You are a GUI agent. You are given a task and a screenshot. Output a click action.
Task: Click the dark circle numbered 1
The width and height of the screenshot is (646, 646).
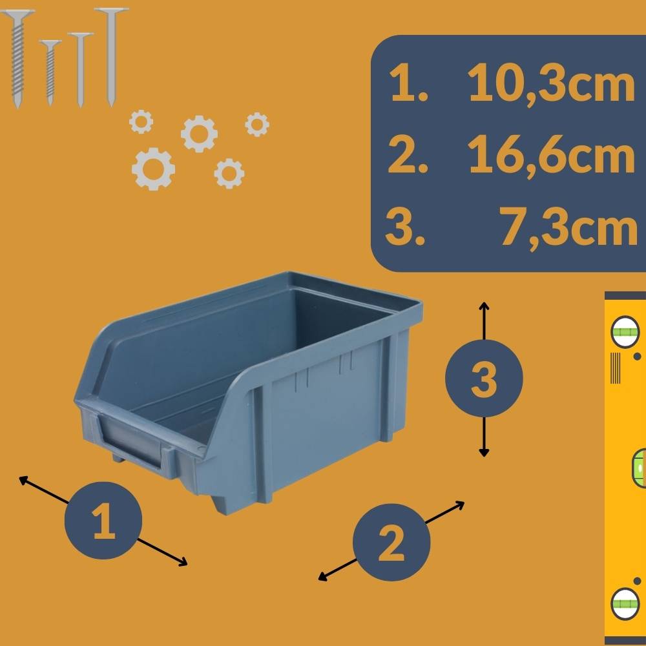(103, 521)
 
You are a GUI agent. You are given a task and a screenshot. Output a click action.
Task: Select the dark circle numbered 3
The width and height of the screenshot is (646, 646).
(484, 378)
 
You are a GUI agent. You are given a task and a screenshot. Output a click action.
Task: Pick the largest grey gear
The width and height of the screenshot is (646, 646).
(153, 169)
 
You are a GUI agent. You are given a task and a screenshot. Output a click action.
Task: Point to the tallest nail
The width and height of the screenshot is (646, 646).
(111, 55)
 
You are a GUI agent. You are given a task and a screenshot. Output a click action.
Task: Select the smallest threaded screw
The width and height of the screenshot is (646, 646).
(50, 71)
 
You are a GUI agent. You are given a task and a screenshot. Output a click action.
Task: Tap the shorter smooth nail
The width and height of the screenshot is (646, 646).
(81, 68)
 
